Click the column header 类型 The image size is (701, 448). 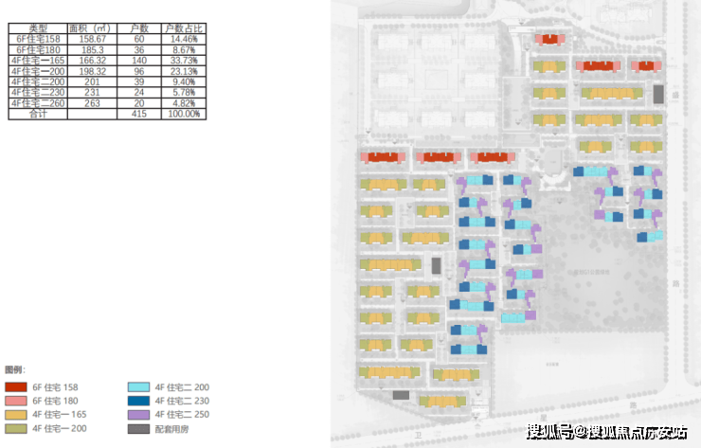click(38, 29)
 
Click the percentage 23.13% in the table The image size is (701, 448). click(182, 71)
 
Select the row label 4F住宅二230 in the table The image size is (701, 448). click(38, 92)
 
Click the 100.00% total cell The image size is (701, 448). click(182, 113)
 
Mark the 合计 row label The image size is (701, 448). click(38, 113)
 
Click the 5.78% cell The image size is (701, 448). click(182, 92)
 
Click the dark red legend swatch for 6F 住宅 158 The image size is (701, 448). click(15, 387)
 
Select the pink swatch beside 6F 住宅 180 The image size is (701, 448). click(15, 401)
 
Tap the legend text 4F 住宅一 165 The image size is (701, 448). click(60, 415)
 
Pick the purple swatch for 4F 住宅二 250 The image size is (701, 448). click(138, 415)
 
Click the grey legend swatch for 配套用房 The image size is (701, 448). click(138, 429)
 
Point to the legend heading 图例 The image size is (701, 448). click(14, 368)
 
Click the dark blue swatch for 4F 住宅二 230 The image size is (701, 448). click(138, 401)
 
